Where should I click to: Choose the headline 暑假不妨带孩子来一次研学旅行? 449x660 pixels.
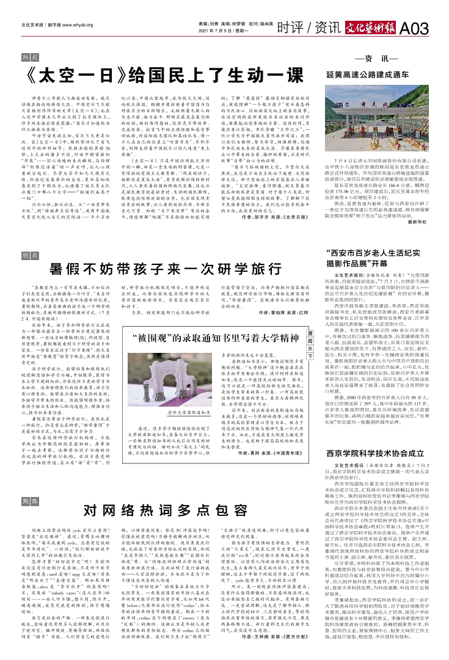tap(165, 269)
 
